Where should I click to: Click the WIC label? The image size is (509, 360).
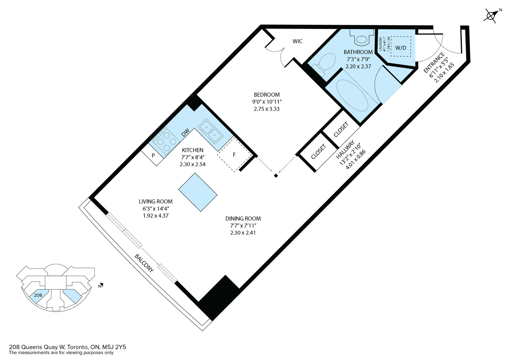297,41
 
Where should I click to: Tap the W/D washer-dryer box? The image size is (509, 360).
401,48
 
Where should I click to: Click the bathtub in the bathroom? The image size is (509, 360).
353,95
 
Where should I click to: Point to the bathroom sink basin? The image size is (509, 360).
361,39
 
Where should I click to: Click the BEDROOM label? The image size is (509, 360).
267,95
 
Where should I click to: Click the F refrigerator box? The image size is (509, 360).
234,155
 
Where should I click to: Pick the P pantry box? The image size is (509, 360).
153,156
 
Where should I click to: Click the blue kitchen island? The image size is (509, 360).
198,192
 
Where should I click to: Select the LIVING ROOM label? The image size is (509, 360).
156,201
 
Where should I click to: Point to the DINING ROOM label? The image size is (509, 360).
243,219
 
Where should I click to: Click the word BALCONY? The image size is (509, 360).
144,263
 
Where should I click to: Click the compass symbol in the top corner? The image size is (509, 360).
491,16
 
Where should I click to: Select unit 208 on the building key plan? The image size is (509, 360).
38,295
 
